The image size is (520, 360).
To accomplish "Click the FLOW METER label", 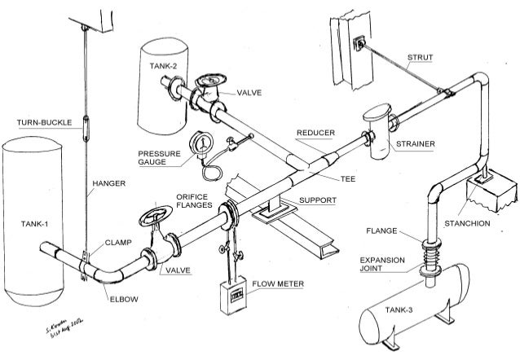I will pyautogui.click(x=277, y=284).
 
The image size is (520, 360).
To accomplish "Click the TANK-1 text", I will pyautogui.click(x=36, y=222).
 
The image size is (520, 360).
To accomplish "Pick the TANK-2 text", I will pyautogui.click(x=163, y=65).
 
